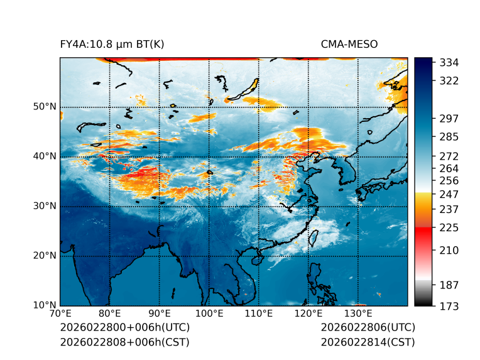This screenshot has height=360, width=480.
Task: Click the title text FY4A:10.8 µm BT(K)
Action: [112, 45]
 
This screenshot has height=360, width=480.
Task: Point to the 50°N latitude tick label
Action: [45, 107]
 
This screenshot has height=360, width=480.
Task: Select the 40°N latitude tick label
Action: [45, 156]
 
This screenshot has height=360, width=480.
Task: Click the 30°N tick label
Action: [45, 206]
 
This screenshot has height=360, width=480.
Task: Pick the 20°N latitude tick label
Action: [45, 256]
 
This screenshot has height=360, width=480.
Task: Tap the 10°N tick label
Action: [45, 305]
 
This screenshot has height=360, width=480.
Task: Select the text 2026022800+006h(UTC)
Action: [124, 328]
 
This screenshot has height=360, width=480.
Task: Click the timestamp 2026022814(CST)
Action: [368, 342]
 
